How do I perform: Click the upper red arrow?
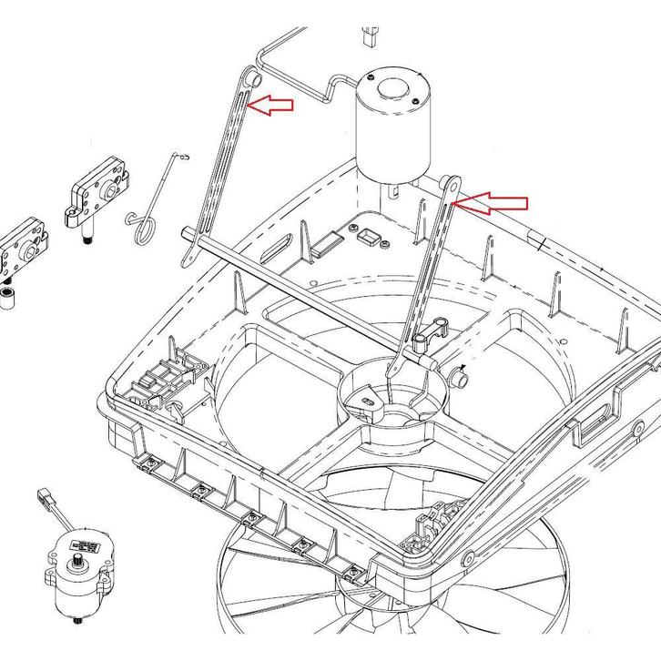(x=273, y=106)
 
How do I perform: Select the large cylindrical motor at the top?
(x=390, y=127)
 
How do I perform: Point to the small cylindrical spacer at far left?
(x=8, y=300)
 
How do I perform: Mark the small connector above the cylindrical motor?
(x=370, y=36)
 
